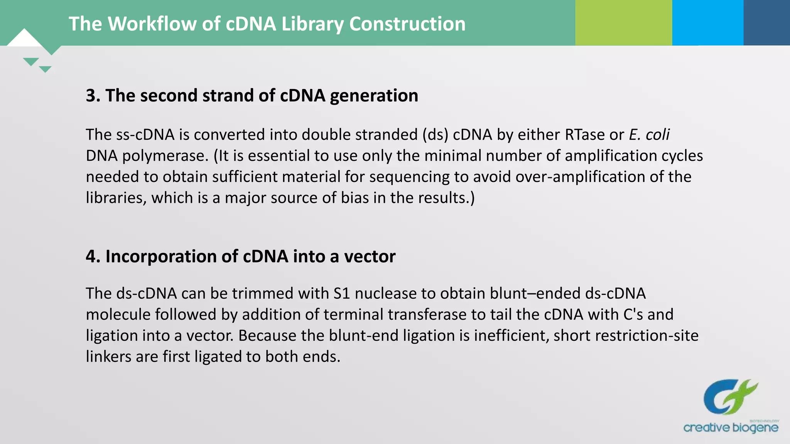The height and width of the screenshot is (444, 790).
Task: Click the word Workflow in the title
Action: [152, 24]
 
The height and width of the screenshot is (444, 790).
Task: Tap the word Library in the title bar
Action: [312, 24]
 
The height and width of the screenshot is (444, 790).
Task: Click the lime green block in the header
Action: [623, 22]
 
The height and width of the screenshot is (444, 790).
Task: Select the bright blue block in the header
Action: [707, 22]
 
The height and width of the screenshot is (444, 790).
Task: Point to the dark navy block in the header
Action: [766, 22]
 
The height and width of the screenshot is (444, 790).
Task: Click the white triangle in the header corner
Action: [24, 39]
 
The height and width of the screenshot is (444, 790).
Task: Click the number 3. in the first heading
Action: [93, 96]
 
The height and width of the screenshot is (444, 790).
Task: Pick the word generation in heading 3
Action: [374, 96]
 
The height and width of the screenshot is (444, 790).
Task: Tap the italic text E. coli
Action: [649, 135]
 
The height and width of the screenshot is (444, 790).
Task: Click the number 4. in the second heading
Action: [93, 256]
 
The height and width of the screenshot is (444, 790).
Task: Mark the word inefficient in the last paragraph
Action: [511, 335]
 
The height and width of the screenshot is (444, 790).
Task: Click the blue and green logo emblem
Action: [730, 397]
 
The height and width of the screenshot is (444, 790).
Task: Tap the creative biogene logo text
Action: [731, 427]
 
